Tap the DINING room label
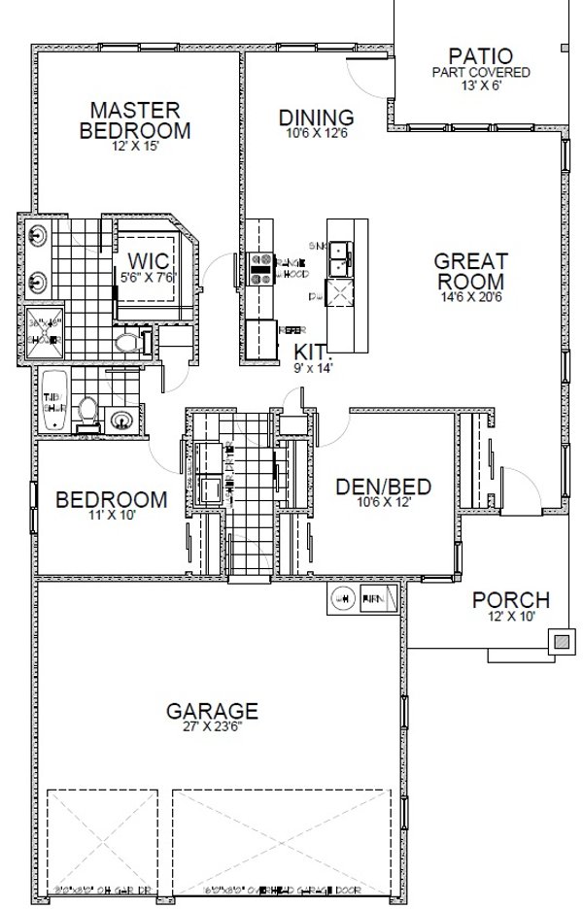pos(317,118)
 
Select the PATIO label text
pos(481,55)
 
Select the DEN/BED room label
pos(383,487)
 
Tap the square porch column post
pos(563,641)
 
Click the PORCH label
pos(511,600)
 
